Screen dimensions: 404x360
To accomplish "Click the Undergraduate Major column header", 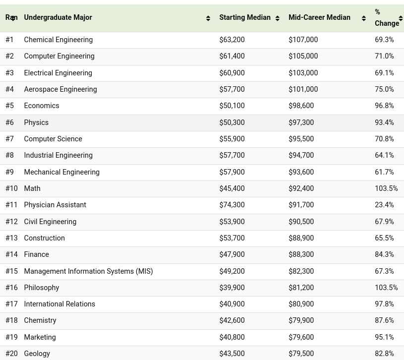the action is click(x=58, y=17).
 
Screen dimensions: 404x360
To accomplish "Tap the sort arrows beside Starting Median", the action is click(x=278, y=18).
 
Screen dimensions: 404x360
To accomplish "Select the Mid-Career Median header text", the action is click(x=320, y=17).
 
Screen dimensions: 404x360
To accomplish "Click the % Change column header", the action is click(x=387, y=17).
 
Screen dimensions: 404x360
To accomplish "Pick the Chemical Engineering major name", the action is click(x=58, y=40).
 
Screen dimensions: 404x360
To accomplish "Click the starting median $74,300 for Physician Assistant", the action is click(x=232, y=205).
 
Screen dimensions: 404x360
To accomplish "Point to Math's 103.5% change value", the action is click(x=386, y=188).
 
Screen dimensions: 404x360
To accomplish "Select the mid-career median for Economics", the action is click(x=301, y=106).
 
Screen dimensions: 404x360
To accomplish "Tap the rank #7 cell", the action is click(x=9, y=139).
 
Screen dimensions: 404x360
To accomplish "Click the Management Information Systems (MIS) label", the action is click(x=88, y=271).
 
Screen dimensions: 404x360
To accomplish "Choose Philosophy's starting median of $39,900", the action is click(x=232, y=288).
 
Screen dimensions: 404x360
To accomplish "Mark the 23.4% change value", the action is click(x=384, y=205).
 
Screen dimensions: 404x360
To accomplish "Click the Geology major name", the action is click(x=37, y=354).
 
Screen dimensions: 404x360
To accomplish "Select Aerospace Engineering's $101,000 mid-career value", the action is click(x=303, y=89).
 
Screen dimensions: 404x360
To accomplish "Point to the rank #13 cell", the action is click(x=11, y=238).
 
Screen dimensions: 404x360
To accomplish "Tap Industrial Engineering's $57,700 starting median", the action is click(x=232, y=155).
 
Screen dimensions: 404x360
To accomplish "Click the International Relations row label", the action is click(x=59, y=304).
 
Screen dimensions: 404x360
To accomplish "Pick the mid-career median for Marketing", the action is click(x=301, y=337).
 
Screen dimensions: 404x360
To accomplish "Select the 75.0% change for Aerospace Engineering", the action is click(x=384, y=89).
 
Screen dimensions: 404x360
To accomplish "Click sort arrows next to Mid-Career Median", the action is click(x=364, y=18).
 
